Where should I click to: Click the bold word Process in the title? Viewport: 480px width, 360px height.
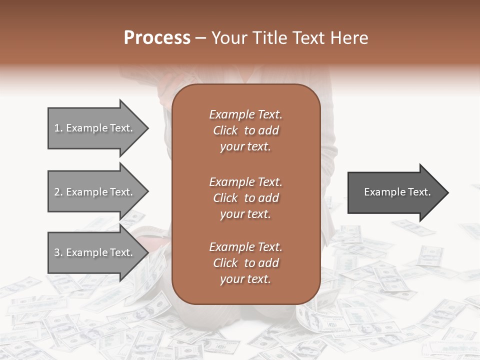tap(157, 38)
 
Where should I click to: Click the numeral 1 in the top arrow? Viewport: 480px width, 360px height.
tap(57, 128)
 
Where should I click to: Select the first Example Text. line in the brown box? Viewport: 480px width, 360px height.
tap(245, 114)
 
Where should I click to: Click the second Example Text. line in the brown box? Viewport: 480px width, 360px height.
tap(245, 182)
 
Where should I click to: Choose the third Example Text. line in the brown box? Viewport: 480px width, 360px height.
tap(245, 247)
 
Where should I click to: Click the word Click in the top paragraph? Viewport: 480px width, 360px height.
tap(225, 130)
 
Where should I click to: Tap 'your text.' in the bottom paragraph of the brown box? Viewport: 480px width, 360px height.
tap(245, 279)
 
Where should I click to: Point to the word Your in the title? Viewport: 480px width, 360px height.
tap(230, 38)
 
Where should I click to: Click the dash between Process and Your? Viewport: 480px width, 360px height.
tap(200, 38)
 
